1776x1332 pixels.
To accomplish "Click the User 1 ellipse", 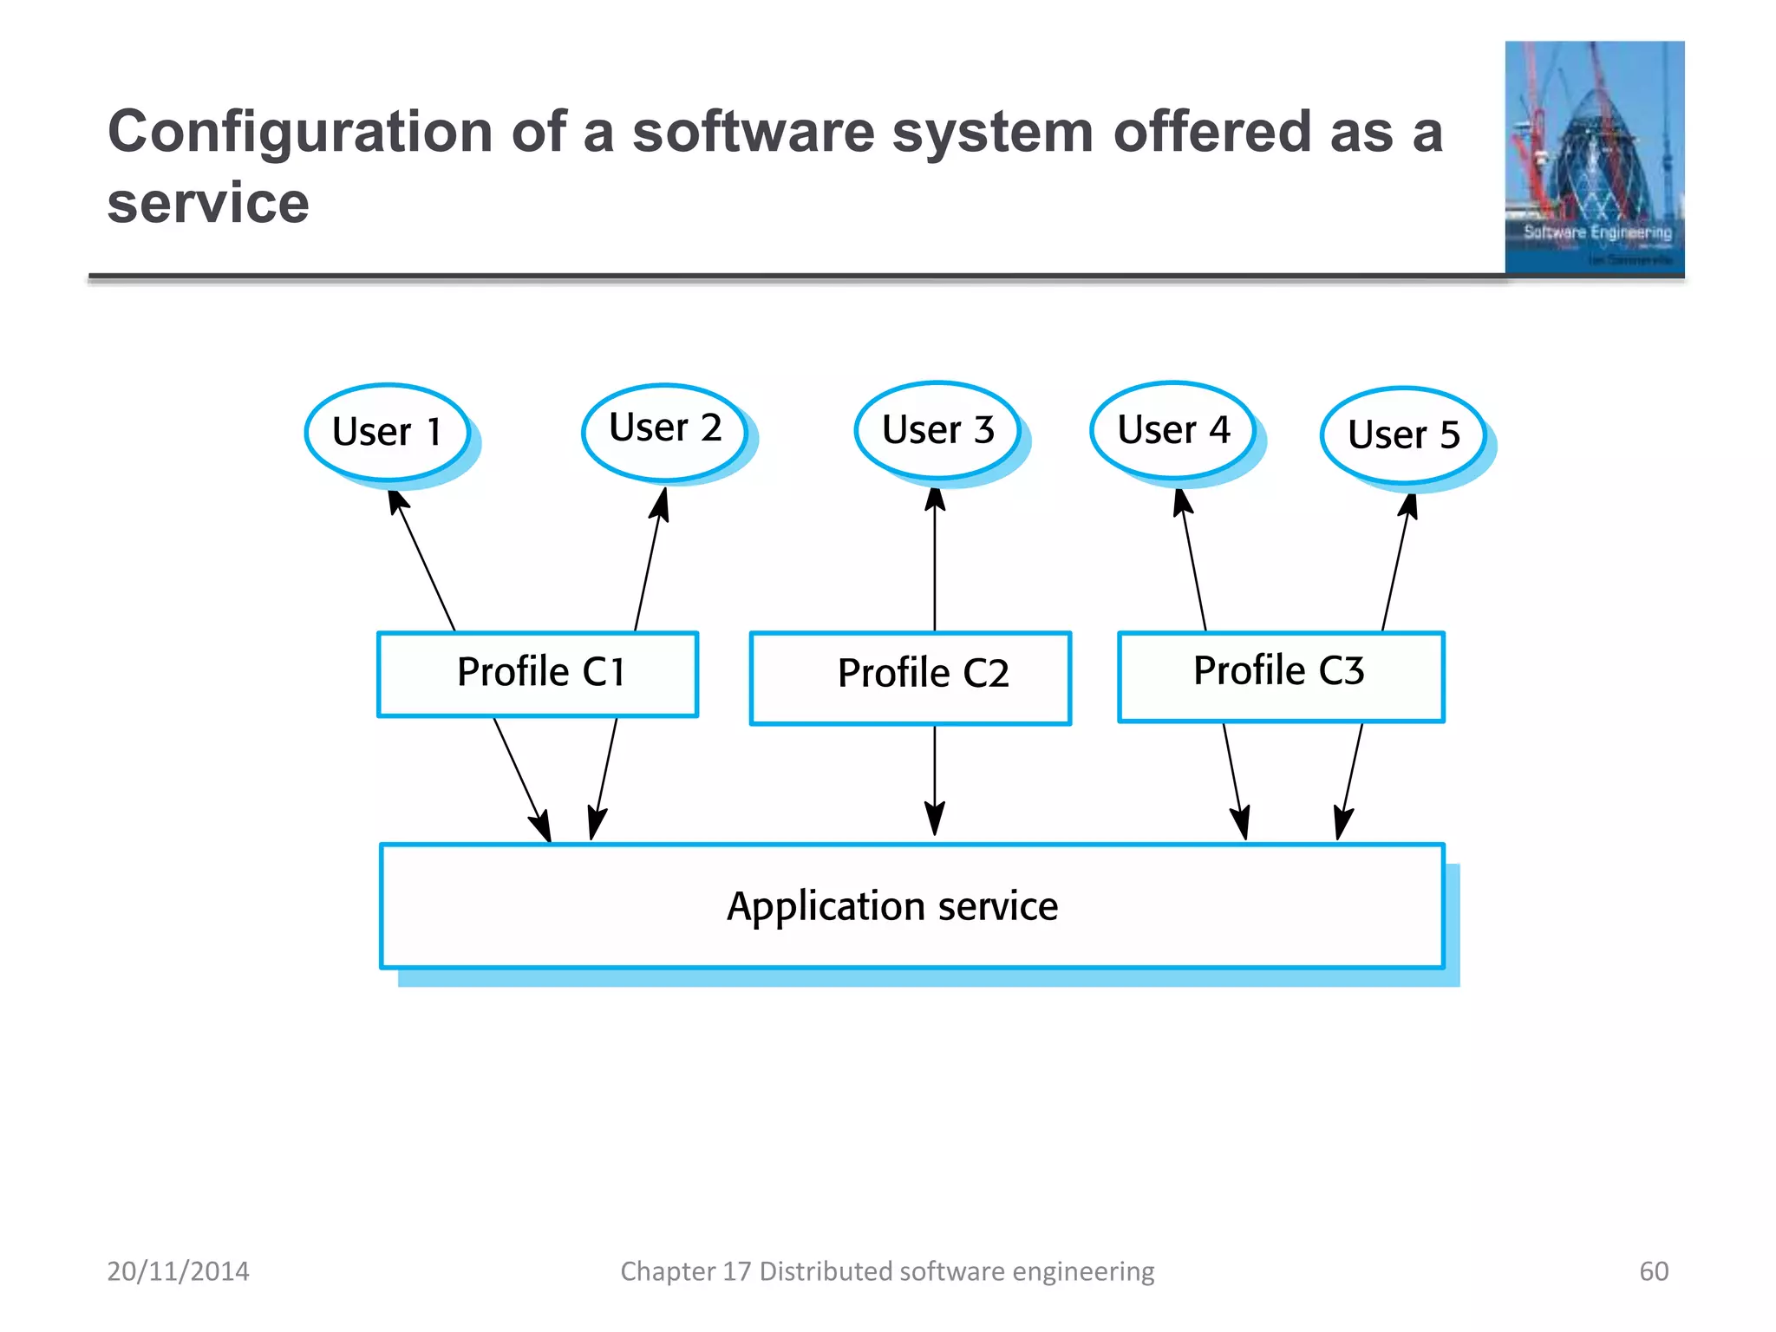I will pyautogui.click(x=388, y=432).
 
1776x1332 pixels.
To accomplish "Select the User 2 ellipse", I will pyautogui.click(x=665, y=429).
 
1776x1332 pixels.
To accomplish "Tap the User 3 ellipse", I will pyautogui.click(x=937, y=429).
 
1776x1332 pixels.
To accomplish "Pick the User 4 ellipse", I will pyautogui.click(x=1173, y=429).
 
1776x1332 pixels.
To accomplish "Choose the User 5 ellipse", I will pyautogui.click(x=1403, y=434).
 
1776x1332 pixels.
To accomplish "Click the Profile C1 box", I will pyautogui.click(x=538, y=674).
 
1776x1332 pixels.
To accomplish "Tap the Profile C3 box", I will pyautogui.click(x=1281, y=676).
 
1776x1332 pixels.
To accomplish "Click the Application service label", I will pyautogui.click(x=892, y=906).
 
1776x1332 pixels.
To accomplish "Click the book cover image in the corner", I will pyautogui.click(x=1594, y=158).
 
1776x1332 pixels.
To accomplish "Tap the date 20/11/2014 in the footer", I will pyautogui.click(x=178, y=1271).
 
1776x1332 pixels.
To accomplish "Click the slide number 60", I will pyautogui.click(x=1653, y=1271).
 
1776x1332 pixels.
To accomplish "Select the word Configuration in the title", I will pyautogui.click(x=300, y=133).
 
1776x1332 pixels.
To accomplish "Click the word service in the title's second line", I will pyautogui.click(x=208, y=204).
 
